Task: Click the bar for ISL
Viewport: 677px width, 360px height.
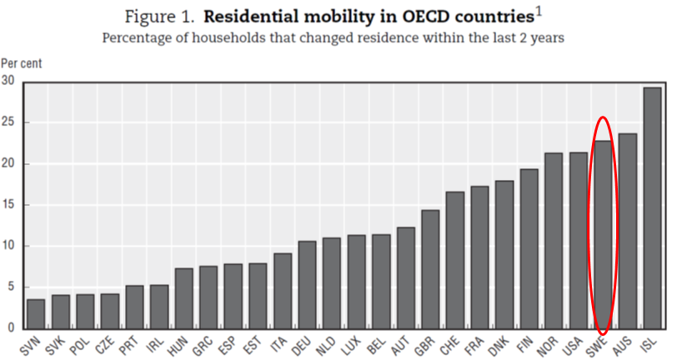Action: [x=652, y=207]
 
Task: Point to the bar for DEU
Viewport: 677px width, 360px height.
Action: [x=307, y=284]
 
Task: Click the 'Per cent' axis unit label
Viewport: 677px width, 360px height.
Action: [x=20, y=62]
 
